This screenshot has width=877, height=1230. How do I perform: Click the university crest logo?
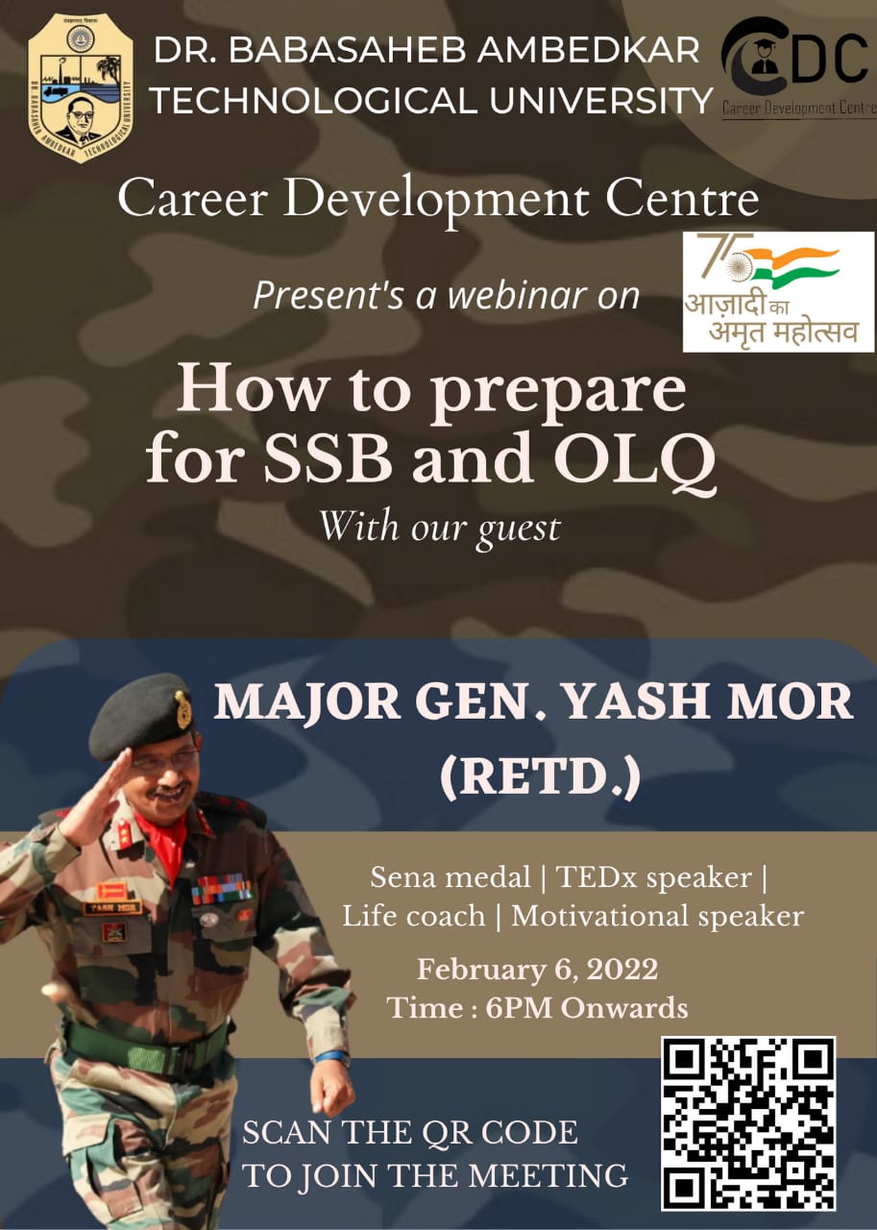(x=80, y=87)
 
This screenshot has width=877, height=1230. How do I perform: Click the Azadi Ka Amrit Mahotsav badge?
(x=778, y=291)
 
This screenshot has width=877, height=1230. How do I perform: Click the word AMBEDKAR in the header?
(x=588, y=51)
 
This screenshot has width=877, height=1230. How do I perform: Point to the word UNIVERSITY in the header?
(x=600, y=101)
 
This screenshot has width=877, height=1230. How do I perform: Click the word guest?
(x=518, y=529)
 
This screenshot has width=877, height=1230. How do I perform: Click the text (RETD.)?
(x=541, y=777)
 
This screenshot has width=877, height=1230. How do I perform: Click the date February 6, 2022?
(x=537, y=970)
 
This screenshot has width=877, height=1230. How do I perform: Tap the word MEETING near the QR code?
(x=548, y=1176)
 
